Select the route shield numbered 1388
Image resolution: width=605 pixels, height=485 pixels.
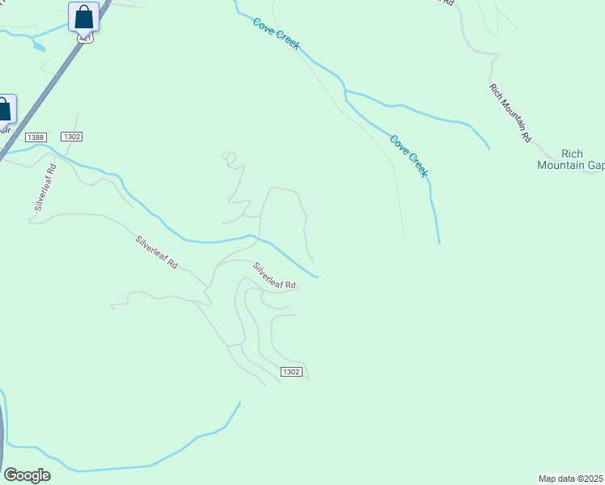point(36,137)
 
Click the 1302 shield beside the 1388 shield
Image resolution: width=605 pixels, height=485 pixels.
point(71,137)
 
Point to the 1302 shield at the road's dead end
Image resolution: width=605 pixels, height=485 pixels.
point(291,372)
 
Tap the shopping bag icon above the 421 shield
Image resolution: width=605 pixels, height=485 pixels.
point(83,16)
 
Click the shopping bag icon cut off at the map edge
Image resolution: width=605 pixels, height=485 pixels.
point(4,109)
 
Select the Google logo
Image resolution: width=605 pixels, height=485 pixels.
point(27,475)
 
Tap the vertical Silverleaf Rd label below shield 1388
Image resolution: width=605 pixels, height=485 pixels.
point(44,188)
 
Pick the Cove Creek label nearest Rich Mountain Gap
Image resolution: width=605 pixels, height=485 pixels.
point(408,156)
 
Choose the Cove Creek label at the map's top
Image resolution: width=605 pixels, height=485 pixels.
point(276,35)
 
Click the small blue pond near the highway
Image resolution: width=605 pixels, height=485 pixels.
point(38,46)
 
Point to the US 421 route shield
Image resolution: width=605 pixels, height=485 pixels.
point(84,38)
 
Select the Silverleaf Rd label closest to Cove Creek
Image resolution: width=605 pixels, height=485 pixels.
point(274,276)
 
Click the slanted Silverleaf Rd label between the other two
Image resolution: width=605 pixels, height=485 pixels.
point(156,252)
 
